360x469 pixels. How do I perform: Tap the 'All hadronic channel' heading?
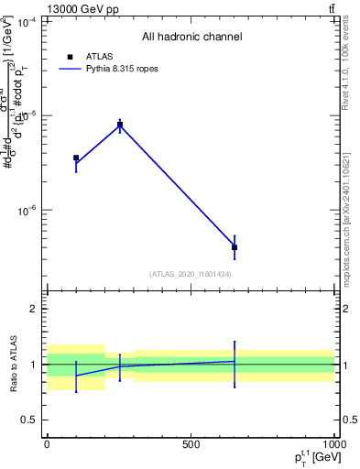pyautogui.click(x=191, y=37)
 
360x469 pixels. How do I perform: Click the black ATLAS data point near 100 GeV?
pyautogui.click(x=76, y=158)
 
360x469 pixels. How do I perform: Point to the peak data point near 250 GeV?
pyautogui.click(x=120, y=125)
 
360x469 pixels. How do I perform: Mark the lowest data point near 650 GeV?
pyautogui.click(x=235, y=247)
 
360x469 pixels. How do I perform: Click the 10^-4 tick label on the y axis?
pyautogui.click(x=27, y=21)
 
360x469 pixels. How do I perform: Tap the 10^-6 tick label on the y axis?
pyautogui.click(x=27, y=211)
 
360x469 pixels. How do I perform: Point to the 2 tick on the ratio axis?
pyautogui.click(x=33, y=309)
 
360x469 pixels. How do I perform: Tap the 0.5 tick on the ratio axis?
pyautogui.click(x=29, y=420)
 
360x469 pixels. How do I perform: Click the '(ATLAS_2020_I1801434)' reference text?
pyautogui.click(x=191, y=274)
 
